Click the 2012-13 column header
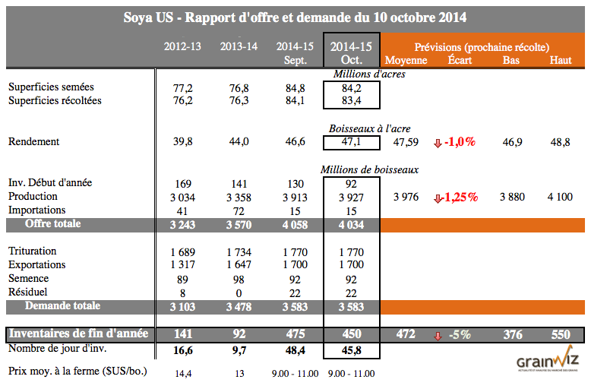click(x=182, y=46)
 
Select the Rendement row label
click(x=33, y=141)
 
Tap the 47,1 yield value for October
click(x=351, y=141)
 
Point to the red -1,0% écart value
click(x=460, y=142)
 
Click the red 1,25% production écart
click(x=460, y=197)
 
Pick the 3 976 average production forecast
click(x=406, y=197)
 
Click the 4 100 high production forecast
click(x=560, y=197)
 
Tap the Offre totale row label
click(x=52, y=224)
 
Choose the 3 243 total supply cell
click(x=182, y=225)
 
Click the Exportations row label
click(x=36, y=264)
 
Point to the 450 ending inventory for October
click(x=351, y=334)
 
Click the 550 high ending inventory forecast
click(x=560, y=334)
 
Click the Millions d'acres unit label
click(x=369, y=74)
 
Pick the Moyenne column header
click(x=406, y=60)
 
